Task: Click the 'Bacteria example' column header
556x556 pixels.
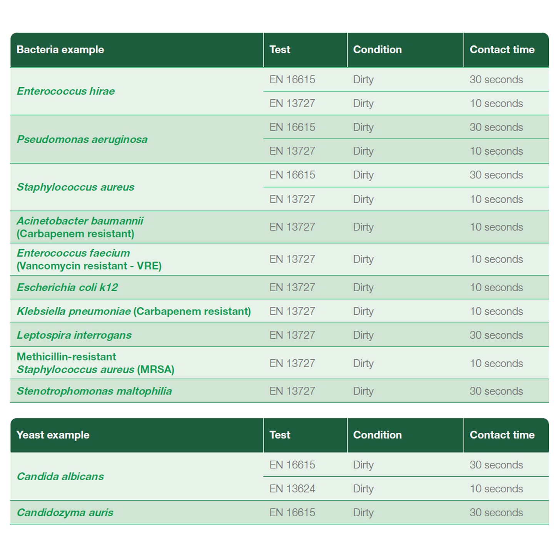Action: coord(60,50)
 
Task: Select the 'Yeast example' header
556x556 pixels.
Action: coord(53,435)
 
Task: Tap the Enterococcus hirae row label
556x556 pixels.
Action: coord(66,91)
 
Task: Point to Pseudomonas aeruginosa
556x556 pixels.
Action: coord(82,139)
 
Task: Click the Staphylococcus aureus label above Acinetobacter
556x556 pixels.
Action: coord(75,187)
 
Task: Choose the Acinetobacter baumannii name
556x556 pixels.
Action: coord(80,221)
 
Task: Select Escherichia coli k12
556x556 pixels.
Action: coord(67,287)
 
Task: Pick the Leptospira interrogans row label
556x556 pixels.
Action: coord(74,335)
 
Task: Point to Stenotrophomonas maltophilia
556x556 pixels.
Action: coord(94,391)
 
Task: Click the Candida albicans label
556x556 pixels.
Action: coord(60,476)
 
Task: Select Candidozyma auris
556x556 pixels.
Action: coord(65,513)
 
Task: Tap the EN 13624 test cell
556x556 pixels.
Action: coord(292,489)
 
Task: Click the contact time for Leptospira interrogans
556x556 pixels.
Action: coord(496,335)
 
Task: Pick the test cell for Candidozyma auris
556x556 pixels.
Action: coord(292,513)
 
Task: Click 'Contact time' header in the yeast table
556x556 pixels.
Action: coord(502,435)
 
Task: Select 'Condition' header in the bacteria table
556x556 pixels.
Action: coord(377,50)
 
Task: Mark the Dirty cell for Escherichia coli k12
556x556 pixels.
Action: coord(363,287)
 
